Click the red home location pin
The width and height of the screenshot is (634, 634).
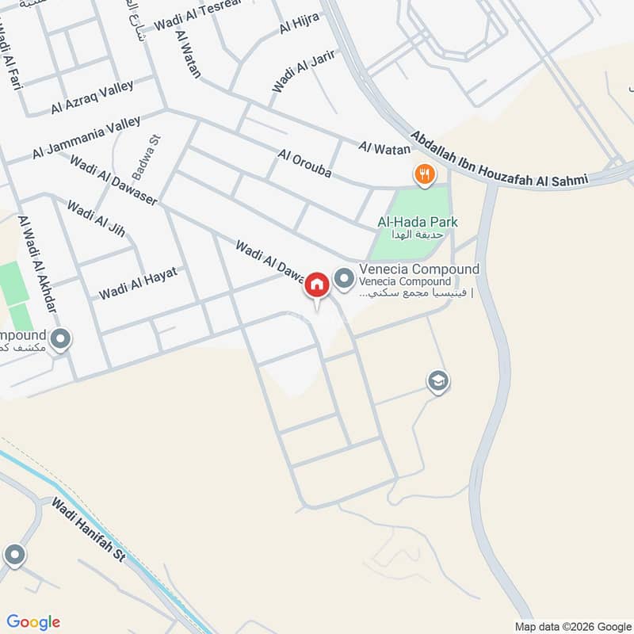pyautogui.click(x=317, y=285)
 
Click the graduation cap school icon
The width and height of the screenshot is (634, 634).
pyautogui.click(x=437, y=381)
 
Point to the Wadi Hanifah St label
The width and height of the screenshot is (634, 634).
pyautogui.click(x=89, y=530)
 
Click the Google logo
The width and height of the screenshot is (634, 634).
pyautogui.click(x=33, y=621)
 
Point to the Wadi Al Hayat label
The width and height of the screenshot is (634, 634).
pyautogui.click(x=137, y=283)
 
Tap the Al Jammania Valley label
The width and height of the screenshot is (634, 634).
pyautogui.click(x=86, y=136)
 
